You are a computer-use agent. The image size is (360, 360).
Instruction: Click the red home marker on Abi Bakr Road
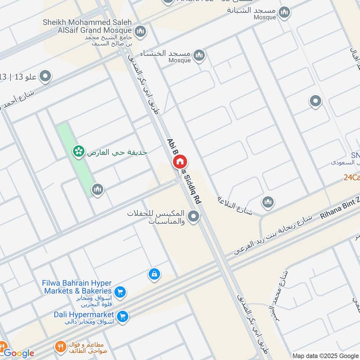pyautogui.click(x=180, y=162)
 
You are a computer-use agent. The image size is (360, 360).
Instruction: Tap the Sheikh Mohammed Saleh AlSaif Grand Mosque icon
pyautogui.click(x=140, y=31)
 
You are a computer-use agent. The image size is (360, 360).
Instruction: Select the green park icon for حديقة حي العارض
pyautogui.click(x=78, y=152)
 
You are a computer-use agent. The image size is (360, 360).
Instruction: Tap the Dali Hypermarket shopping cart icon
pyautogui.click(x=122, y=317)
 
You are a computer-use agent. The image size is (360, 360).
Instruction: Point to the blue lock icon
pyautogui.click(x=154, y=274)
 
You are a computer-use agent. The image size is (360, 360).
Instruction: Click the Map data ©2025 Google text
pyautogui.click(x=326, y=355)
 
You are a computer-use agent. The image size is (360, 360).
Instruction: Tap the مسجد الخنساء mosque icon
pyautogui.click(x=199, y=56)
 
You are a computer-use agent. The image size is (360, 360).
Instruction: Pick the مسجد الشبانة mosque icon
pyautogui.click(x=284, y=12)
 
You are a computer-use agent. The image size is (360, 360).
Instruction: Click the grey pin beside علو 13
pyautogui.click(x=45, y=77)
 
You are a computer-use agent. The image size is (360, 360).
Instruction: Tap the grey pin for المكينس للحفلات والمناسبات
pyautogui.click(x=194, y=217)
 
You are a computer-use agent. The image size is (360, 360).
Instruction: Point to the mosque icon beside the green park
pyautogui.click(x=98, y=190)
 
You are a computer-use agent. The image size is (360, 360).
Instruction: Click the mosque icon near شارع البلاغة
pyautogui.click(x=268, y=202)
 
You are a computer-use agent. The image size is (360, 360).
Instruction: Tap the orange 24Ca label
pyautogui.click(x=351, y=177)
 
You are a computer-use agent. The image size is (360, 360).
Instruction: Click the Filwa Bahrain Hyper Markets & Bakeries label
pyautogui.click(x=77, y=287)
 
